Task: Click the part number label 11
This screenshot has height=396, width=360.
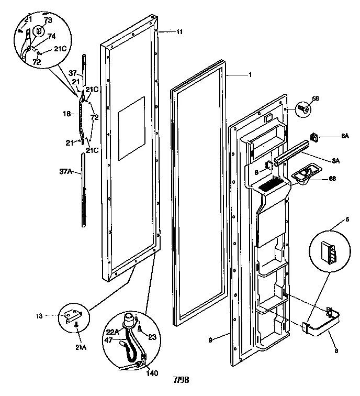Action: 179,32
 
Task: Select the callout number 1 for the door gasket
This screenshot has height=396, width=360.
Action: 250,75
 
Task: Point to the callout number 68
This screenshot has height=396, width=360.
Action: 333,179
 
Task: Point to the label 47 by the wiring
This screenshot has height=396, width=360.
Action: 109,340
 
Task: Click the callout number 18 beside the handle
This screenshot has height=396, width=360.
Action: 66,113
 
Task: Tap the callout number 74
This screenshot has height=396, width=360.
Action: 52,36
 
